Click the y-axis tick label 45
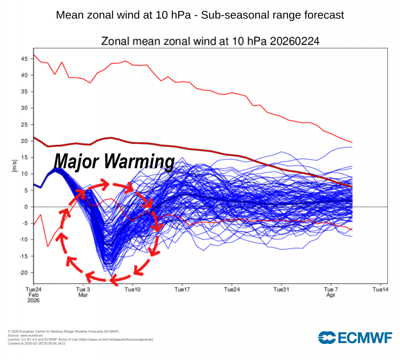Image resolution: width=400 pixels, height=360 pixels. [x=24, y=59]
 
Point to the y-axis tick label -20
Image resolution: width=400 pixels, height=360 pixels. [x=24, y=273]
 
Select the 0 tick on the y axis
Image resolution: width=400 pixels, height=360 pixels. [x=26, y=207]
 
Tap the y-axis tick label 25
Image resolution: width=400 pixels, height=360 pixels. [x=24, y=124]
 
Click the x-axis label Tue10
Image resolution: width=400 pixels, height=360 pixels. [x=132, y=289]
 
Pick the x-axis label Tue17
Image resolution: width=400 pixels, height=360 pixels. [x=182, y=289]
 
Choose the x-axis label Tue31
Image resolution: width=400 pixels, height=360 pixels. [x=281, y=289]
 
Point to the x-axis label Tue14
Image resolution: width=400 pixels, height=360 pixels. [x=380, y=289]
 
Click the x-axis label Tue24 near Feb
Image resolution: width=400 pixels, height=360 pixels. [x=33, y=289]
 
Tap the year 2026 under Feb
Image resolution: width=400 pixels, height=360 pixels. [x=33, y=300]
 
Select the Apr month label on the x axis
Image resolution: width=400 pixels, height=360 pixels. [x=331, y=295]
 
